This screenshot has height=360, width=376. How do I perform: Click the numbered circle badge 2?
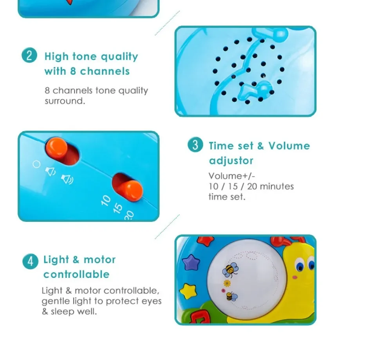(x=29, y=55)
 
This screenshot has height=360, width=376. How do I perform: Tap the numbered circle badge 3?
(x=195, y=145)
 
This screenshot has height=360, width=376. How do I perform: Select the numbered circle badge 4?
(x=30, y=261)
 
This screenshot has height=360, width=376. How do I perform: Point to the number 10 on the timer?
(x=106, y=200)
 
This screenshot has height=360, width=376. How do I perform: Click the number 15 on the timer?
(x=117, y=208)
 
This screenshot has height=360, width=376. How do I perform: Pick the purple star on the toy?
(x=191, y=262)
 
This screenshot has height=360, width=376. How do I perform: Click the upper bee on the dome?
(x=230, y=269)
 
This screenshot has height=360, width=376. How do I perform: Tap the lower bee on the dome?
(x=231, y=296)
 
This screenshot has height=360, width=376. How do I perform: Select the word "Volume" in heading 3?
(x=289, y=146)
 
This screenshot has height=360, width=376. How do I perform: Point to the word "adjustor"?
(x=231, y=160)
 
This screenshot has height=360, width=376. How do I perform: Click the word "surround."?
(x=65, y=101)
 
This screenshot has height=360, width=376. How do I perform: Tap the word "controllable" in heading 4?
(x=76, y=274)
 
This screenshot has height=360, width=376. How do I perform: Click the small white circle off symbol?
(x=36, y=164)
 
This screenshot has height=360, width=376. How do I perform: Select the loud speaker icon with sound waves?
(x=67, y=179)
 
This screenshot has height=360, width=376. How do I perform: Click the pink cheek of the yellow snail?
(x=295, y=277)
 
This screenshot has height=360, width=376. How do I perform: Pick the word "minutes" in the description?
(x=277, y=186)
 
